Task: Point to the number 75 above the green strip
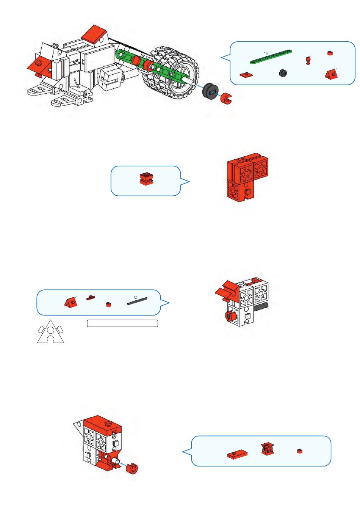[266, 53]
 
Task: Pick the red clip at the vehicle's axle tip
[227, 99]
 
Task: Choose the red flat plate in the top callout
[246, 74]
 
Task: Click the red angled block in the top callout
[332, 74]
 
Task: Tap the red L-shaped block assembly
[246, 177]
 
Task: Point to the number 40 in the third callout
[136, 297]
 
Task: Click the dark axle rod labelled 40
[137, 301]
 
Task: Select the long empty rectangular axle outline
[122, 323]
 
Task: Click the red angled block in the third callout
[71, 302]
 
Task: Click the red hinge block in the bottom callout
[268, 449]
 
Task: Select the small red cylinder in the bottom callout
[300, 451]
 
